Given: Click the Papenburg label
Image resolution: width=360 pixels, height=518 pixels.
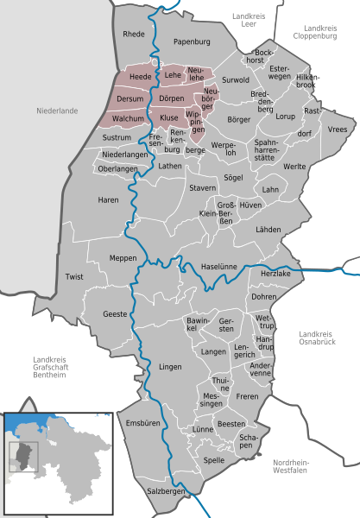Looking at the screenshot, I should click(192, 41).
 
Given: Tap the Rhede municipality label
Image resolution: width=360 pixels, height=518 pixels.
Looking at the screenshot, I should click(135, 35).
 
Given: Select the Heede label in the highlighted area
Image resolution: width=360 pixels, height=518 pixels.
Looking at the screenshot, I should click(139, 78).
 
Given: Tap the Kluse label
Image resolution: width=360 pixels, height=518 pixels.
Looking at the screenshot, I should click(169, 117).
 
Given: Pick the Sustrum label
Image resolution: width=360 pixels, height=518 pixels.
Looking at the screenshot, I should click(117, 137).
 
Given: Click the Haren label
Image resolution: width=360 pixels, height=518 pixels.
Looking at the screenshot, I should click(108, 200).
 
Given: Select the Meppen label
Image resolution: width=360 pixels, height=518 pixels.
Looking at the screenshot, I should click(123, 257).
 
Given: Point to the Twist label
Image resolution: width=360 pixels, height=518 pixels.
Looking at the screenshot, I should click(74, 276).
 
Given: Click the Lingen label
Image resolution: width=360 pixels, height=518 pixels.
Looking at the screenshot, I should click(170, 367).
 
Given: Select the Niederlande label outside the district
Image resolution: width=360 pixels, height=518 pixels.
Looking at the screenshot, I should click(58, 111).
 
